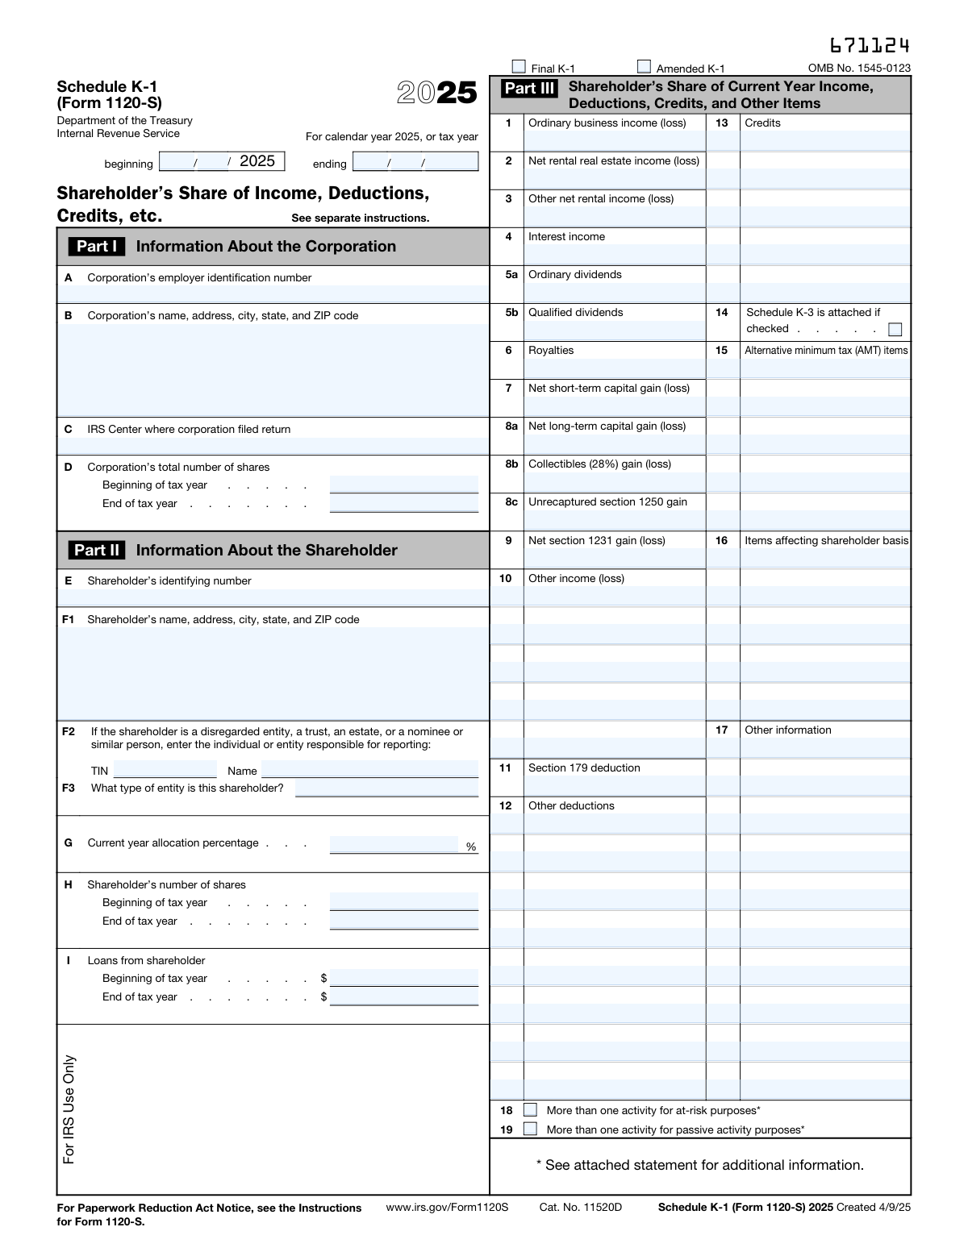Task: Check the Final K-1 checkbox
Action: click(x=519, y=67)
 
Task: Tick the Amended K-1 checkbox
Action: click(x=644, y=67)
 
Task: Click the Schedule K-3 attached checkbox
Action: click(x=894, y=329)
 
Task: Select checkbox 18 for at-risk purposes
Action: click(x=530, y=1110)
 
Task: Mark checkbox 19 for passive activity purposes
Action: click(x=530, y=1129)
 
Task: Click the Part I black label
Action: click(x=97, y=247)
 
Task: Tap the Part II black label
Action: click(x=97, y=551)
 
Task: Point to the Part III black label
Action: click(x=529, y=89)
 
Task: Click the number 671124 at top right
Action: click(x=870, y=45)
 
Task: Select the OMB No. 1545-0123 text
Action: click(x=859, y=69)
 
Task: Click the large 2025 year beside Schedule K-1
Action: click(x=437, y=94)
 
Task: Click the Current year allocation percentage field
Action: click(x=394, y=844)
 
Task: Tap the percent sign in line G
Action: click(x=471, y=846)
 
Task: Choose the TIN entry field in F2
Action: click(x=165, y=770)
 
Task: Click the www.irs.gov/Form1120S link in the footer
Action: click(x=447, y=1207)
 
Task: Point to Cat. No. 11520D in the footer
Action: click(x=581, y=1207)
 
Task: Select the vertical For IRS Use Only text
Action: click(x=69, y=1108)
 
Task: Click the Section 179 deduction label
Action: click(x=584, y=768)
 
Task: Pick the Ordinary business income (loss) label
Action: click(x=607, y=123)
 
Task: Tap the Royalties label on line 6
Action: click(x=551, y=351)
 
